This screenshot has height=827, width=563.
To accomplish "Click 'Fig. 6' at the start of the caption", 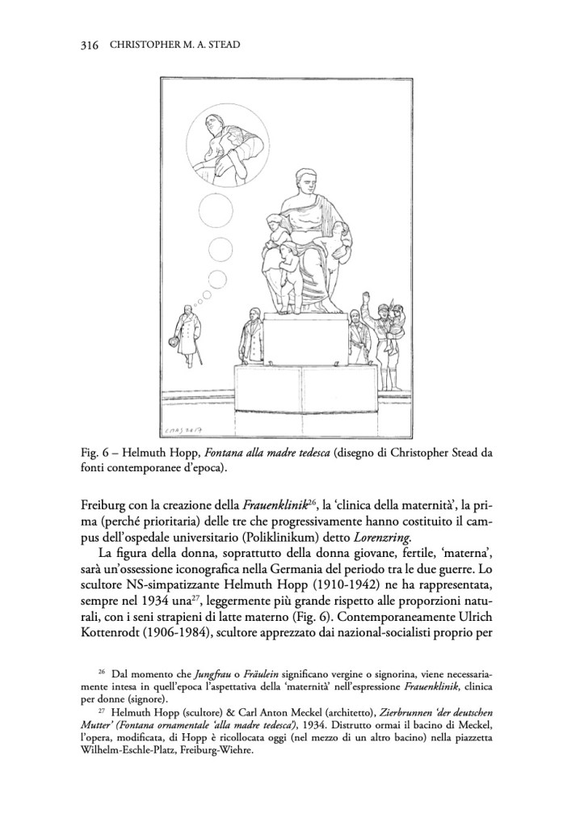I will [86, 452].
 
